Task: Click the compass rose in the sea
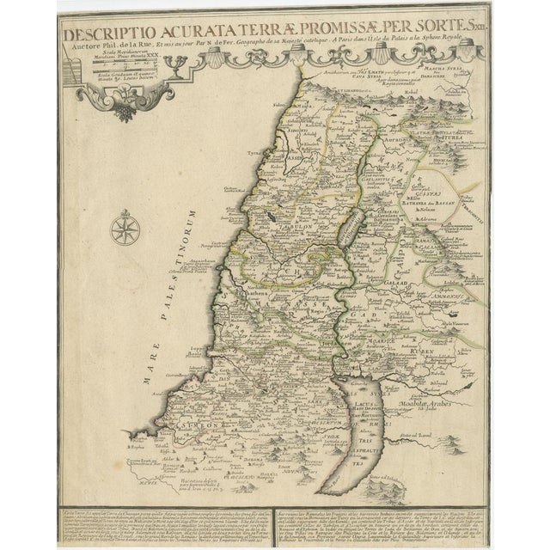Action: pos(122,232)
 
